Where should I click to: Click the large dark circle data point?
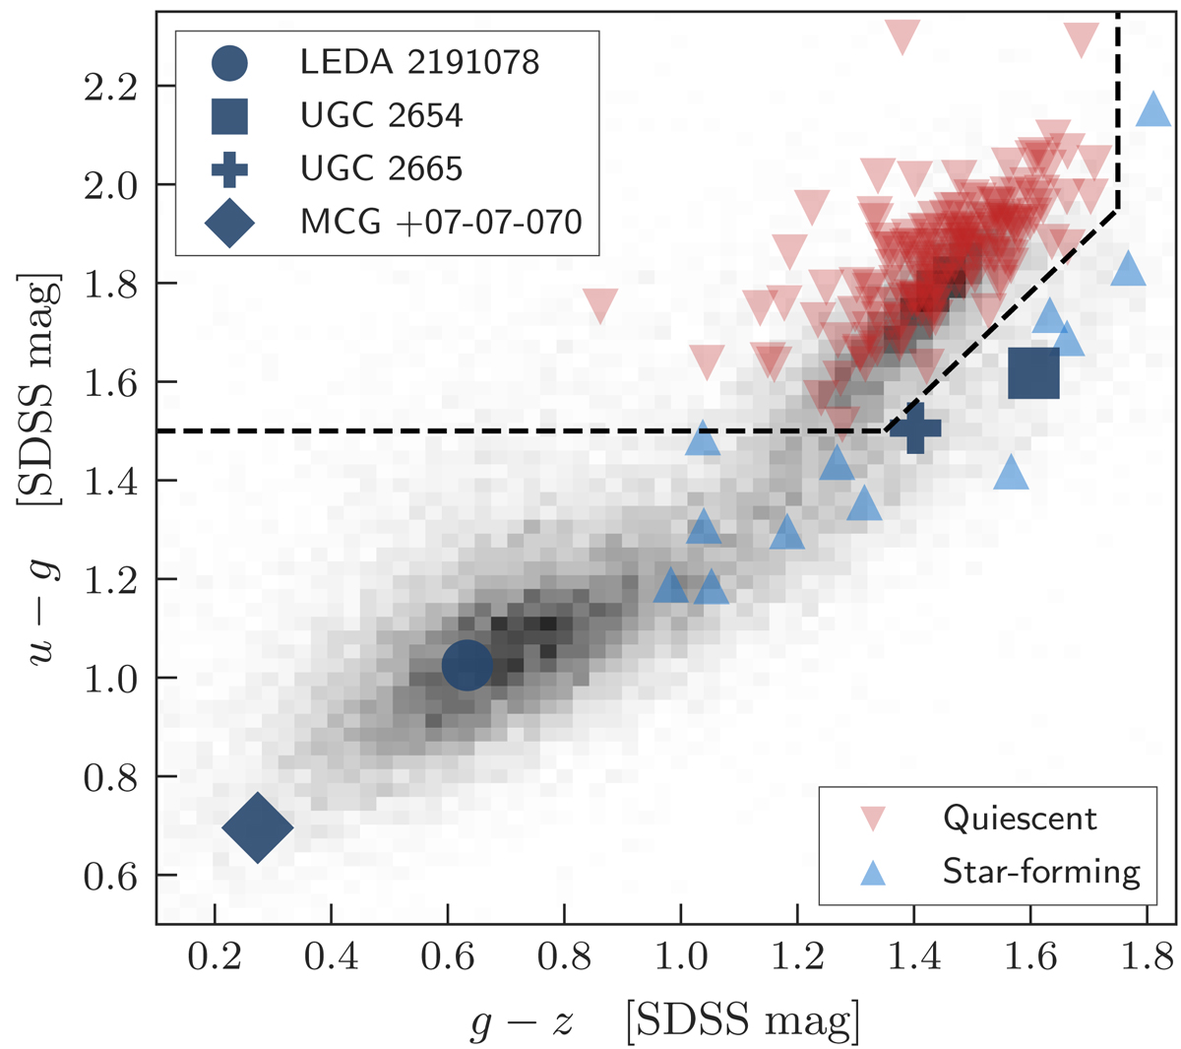[x=467, y=666]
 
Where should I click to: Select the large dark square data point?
[x=1034, y=373]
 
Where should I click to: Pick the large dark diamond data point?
[x=258, y=826]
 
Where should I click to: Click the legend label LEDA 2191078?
[x=420, y=63]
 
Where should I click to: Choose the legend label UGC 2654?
[x=382, y=115]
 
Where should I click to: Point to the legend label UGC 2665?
[x=382, y=168]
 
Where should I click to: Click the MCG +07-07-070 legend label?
[x=441, y=222]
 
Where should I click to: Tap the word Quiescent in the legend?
[x=1020, y=819]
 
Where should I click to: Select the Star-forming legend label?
[x=1041, y=872]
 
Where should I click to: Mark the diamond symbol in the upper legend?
[x=229, y=223]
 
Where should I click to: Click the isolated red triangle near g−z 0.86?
[x=600, y=305]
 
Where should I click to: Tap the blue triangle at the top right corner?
[x=1153, y=108]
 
